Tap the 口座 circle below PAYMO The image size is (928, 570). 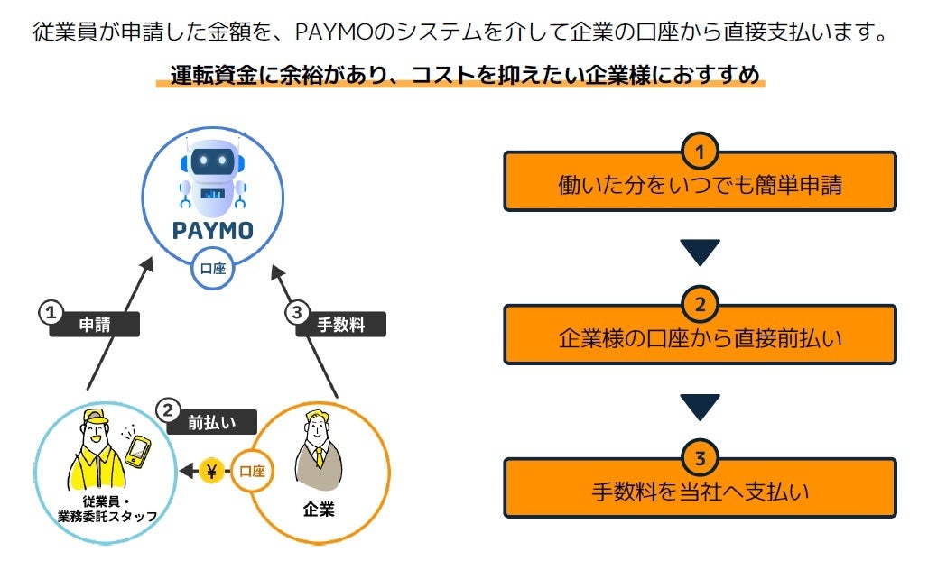point(213,268)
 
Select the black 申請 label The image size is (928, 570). point(96,325)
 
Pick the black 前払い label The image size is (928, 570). point(210,422)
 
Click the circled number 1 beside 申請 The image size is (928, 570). point(51,313)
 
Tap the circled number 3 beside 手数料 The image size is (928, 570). point(298,313)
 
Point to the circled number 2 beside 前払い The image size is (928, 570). point(168,410)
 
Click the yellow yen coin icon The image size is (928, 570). point(212,471)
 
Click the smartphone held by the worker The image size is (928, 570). point(137,448)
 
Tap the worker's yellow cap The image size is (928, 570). point(89,420)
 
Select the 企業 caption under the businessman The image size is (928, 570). point(318,510)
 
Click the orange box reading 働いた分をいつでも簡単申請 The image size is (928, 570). point(700,185)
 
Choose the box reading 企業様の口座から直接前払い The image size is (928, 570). point(700,338)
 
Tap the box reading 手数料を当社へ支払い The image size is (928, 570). point(700,492)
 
